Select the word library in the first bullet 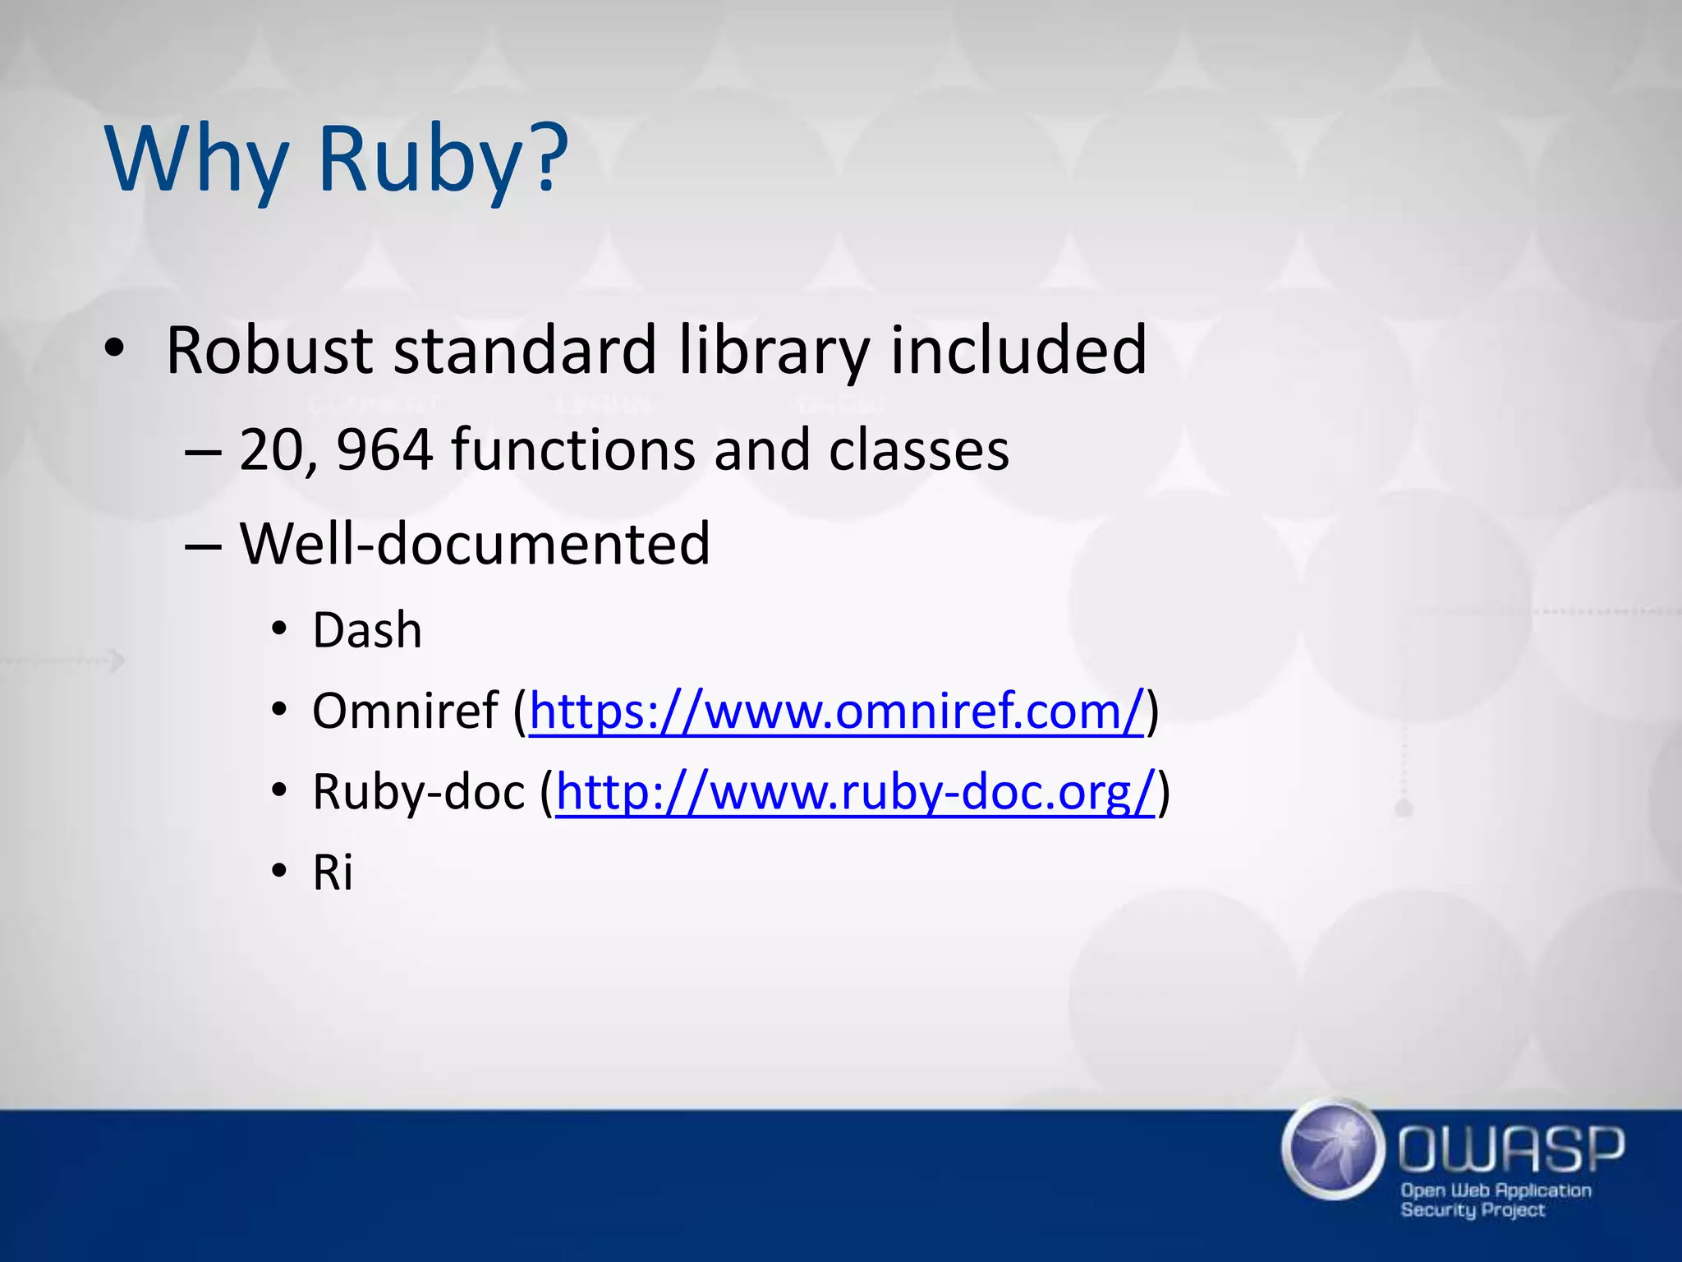click(772, 351)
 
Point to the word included click(1018, 351)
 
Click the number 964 click(384, 450)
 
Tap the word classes click(918, 450)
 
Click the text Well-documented click(475, 544)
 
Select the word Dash click(367, 631)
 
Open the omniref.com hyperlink click(836, 711)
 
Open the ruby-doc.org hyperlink click(856, 792)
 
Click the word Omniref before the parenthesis click(405, 711)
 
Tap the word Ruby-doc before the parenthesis click(418, 792)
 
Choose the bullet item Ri click(333, 873)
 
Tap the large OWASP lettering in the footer click(1510, 1149)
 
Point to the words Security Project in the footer click(1472, 1210)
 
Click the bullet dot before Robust click(114, 350)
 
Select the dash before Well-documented click(202, 546)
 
